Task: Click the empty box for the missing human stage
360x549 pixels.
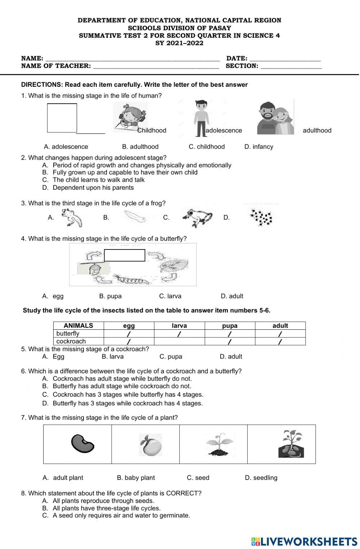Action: tap(62, 118)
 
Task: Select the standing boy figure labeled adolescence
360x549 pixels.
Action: tap(201, 118)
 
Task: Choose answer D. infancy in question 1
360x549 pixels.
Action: tap(258, 147)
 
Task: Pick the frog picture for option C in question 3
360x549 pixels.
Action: tap(197, 217)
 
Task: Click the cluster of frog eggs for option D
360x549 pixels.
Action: tap(261, 217)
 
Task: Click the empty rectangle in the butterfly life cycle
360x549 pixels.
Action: tap(125, 255)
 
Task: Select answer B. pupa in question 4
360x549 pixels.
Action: tap(110, 296)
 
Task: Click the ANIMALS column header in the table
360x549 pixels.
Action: tap(78, 325)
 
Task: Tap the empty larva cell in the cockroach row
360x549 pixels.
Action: tap(179, 341)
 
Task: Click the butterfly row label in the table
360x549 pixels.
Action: tap(68, 333)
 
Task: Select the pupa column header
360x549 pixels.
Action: tap(230, 325)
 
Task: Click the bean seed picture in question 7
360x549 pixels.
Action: tap(82, 444)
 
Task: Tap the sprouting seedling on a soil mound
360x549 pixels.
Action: tap(219, 445)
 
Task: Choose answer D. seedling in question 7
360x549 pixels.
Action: tap(261, 478)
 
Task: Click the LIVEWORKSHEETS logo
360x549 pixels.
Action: tap(304, 541)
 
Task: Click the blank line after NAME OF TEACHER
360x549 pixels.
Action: tap(156, 66)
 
